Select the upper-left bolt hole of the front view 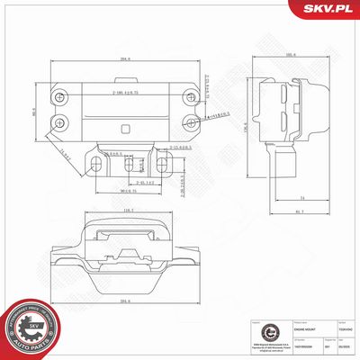coord(59,95)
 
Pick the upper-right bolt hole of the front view coord(189,95)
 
